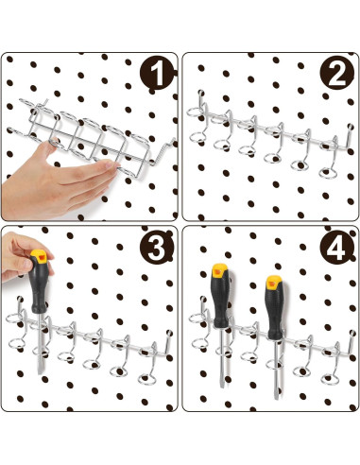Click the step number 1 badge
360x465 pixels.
click(x=157, y=74)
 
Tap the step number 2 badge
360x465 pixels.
click(x=337, y=73)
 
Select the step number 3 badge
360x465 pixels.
click(x=157, y=248)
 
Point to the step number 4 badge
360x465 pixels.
click(x=336, y=248)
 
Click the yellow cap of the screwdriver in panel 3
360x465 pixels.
click(x=39, y=256)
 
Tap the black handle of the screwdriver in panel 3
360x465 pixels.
click(x=39, y=287)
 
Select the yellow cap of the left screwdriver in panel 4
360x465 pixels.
click(x=219, y=270)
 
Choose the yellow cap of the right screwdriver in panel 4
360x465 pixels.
click(x=274, y=283)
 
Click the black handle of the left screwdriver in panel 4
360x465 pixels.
click(x=220, y=301)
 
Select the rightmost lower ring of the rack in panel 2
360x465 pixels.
click(x=329, y=173)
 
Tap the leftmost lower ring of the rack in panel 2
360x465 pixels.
click(x=197, y=138)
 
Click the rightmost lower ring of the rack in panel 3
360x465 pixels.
click(x=147, y=379)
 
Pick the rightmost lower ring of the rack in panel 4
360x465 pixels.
click(x=330, y=379)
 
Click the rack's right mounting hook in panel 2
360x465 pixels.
click(x=348, y=136)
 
